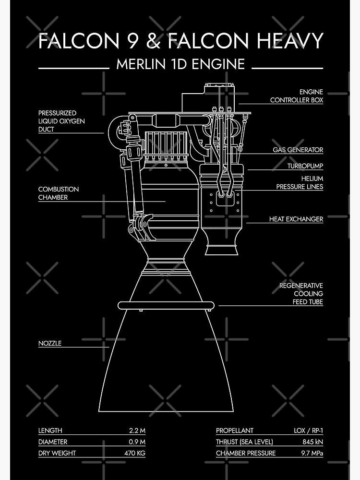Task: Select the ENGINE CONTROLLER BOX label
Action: point(297,96)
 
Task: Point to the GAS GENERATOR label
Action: point(298,150)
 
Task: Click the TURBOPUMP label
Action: point(305,166)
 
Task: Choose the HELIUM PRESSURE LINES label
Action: point(299,182)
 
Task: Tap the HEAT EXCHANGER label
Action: point(296,219)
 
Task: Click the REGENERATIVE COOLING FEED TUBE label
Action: point(301,294)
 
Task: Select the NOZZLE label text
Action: point(50,343)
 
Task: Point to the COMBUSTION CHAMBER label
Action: point(59,193)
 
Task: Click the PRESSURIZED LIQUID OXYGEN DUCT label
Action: point(61,121)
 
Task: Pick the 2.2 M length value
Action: point(137,431)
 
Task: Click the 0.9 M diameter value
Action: point(137,442)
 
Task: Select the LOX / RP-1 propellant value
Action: point(308,431)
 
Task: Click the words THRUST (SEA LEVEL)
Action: point(244,442)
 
